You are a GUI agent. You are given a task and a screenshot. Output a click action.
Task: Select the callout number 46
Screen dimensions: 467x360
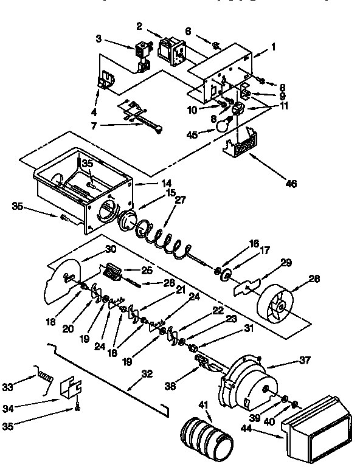coord(291,183)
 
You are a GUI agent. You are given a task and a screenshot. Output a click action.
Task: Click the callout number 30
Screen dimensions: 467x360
coord(110,249)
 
